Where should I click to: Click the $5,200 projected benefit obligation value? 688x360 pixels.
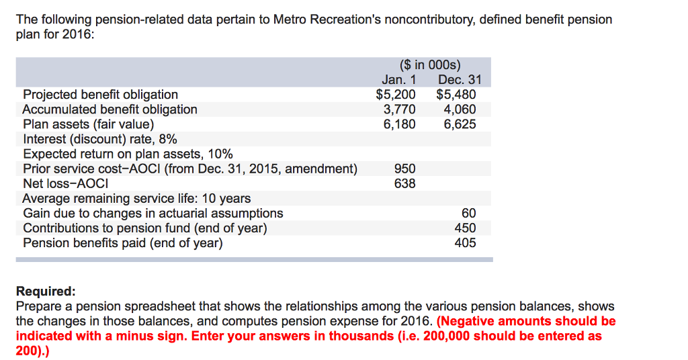396,95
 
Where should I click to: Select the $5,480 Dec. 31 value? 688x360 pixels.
456,95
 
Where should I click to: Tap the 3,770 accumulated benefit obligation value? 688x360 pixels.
399,109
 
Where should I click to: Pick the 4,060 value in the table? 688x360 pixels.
460,109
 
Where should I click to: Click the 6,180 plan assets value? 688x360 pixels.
399,124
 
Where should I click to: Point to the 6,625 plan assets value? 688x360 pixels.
460,124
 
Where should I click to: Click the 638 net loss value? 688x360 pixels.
404,183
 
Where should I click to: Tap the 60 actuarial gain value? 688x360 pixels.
468,213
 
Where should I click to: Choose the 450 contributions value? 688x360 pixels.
465,228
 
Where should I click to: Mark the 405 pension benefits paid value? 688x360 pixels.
465,242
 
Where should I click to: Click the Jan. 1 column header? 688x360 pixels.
399,80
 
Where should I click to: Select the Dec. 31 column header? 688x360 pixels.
460,80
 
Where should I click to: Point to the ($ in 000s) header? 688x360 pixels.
430,65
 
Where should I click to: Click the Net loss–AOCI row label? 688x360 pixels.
66,183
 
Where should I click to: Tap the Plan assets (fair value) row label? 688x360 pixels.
88,124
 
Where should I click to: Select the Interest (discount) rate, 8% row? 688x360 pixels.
100,139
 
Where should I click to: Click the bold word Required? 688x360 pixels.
46,291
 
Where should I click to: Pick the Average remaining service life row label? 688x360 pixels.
136,198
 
